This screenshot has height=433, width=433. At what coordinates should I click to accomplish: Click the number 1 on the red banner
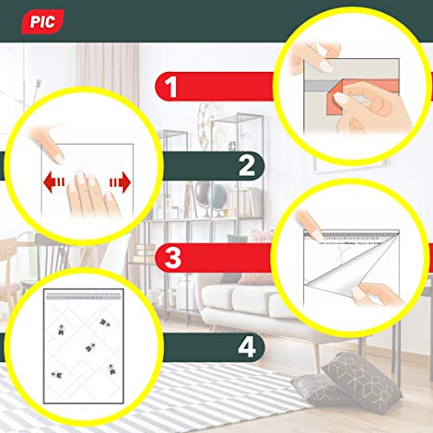tap(171, 87)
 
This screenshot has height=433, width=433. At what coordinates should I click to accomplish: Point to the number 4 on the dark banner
tap(247, 348)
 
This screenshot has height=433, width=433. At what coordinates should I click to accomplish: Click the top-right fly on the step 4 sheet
tap(106, 322)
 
